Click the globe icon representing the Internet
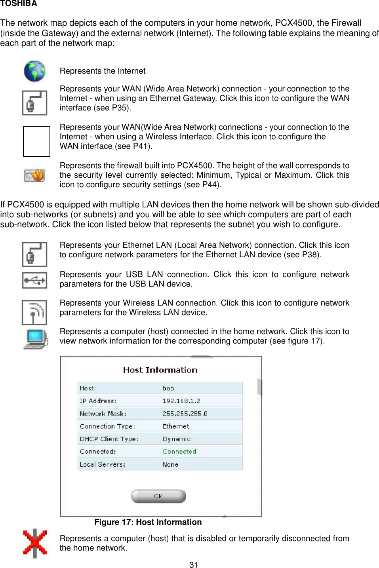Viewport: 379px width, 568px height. click(x=34, y=71)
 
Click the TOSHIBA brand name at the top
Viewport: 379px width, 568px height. click(x=19, y=4)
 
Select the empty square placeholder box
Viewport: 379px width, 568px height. click(x=36, y=141)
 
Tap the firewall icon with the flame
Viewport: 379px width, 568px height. click(x=34, y=175)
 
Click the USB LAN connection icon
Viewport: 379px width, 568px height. click(x=34, y=280)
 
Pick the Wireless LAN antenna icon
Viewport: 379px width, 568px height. click(x=34, y=312)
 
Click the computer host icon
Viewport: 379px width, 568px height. click(x=36, y=339)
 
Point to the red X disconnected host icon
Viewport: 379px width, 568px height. click(x=35, y=543)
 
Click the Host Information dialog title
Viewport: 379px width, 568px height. click(x=160, y=370)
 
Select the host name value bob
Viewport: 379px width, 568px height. click(x=168, y=388)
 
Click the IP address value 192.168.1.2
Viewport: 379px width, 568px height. click(x=181, y=401)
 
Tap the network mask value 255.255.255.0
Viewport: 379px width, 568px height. click(x=185, y=414)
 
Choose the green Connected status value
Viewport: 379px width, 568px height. click(x=179, y=452)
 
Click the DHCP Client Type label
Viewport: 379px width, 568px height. click(x=109, y=439)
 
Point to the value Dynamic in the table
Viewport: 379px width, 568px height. click(x=177, y=439)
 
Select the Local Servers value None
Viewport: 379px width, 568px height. click(x=171, y=464)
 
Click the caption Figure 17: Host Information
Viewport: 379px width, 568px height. click(x=148, y=522)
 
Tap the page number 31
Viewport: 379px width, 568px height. click(x=193, y=564)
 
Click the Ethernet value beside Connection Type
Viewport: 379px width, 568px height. click(x=176, y=426)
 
